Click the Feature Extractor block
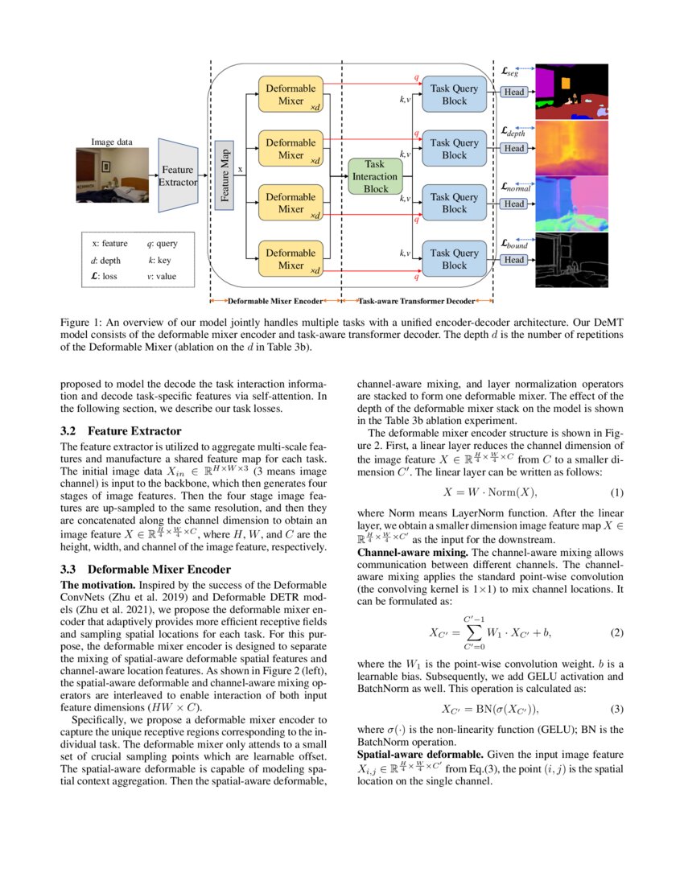point(177,175)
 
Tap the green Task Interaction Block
point(375,175)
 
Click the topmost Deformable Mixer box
point(290,95)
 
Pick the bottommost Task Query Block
point(454,259)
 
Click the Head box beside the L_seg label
point(513,92)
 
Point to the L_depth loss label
point(513,131)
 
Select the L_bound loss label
point(513,243)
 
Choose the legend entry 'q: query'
point(162,243)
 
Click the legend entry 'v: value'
point(162,278)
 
